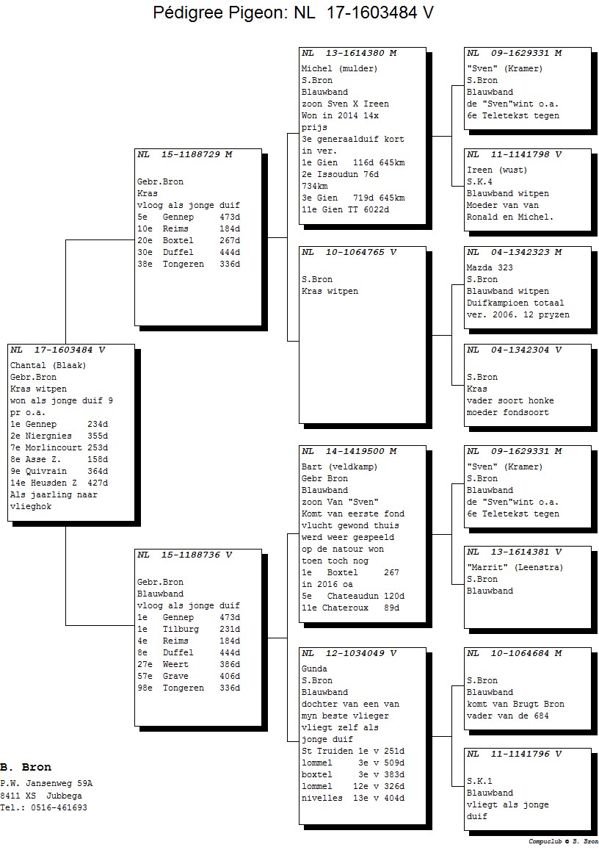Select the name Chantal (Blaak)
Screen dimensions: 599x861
48,366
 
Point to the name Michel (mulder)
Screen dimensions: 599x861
340,68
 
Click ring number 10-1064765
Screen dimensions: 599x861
355,253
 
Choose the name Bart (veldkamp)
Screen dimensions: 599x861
340,466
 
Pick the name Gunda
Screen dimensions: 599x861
314,669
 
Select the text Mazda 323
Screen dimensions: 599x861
490,268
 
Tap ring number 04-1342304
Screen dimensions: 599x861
520,350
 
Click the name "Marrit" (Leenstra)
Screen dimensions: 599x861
515,568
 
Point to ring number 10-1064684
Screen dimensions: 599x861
520,653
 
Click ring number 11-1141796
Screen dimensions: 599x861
520,754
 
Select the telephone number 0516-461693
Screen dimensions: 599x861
59,807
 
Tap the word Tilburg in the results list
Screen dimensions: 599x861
181,630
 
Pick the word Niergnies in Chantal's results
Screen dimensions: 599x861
49,436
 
